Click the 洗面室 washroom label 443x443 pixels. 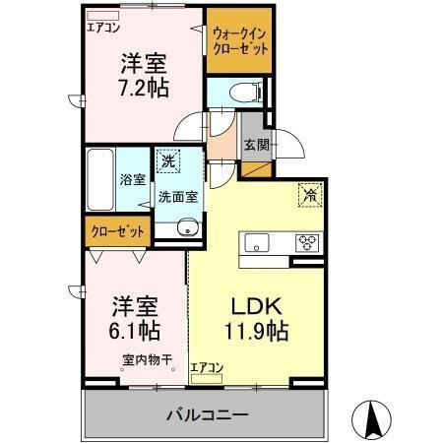pyautogui.click(x=178, y=196)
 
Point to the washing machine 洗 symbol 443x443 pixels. pyautogui.click(x=168, y=161)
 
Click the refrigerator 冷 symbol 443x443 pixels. pyautogui.click(x=309, y=195)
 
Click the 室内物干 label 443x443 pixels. pyautogui.click(x=142, y=359)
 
